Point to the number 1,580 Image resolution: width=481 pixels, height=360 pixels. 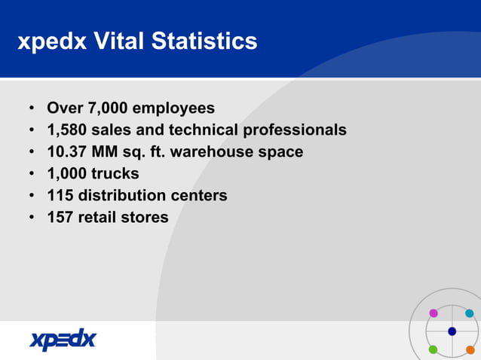coord(66,130)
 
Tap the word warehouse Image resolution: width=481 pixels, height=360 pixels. coord(213,152)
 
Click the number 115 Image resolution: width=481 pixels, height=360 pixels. coord(60,196)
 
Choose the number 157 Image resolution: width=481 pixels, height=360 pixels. coord(60,218)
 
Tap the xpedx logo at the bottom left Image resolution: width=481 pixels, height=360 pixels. coord(63,340)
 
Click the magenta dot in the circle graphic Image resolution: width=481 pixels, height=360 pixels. coord(434,313)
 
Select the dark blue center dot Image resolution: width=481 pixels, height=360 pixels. coord(452,331)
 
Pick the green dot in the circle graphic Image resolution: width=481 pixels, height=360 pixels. coord(434,349)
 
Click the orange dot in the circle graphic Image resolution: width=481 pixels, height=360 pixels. coord(470,349)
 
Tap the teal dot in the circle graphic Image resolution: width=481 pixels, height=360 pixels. coord(470,313)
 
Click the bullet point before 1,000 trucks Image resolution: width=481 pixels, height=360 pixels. coord(32,174)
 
